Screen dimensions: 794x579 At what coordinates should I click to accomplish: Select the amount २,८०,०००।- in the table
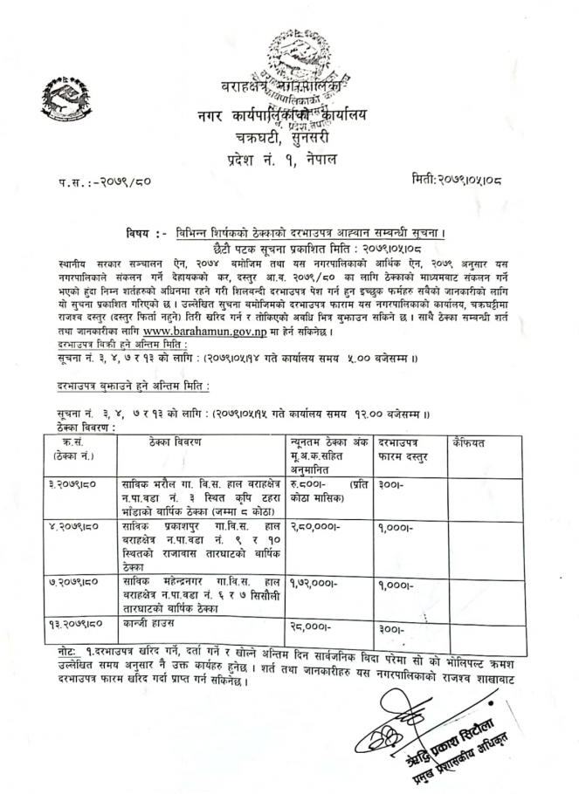(x=314, y=527)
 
